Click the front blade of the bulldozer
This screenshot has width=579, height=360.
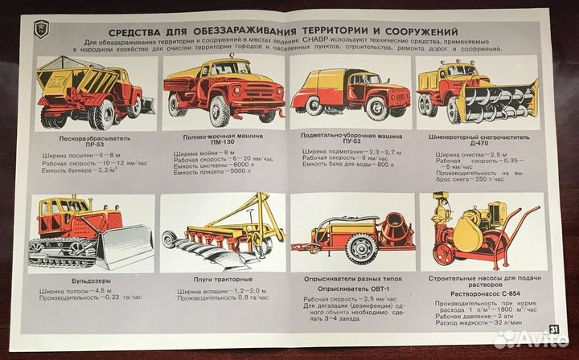pyautogui.click(x=121, y=246)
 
